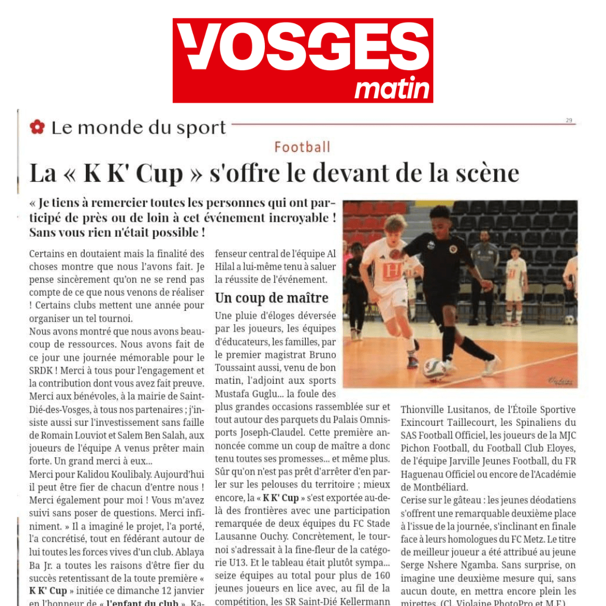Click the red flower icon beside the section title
point(37,127)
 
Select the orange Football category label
point(302,147)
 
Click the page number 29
point(568,120)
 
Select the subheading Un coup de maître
point(272,297)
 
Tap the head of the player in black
point(441,216)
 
